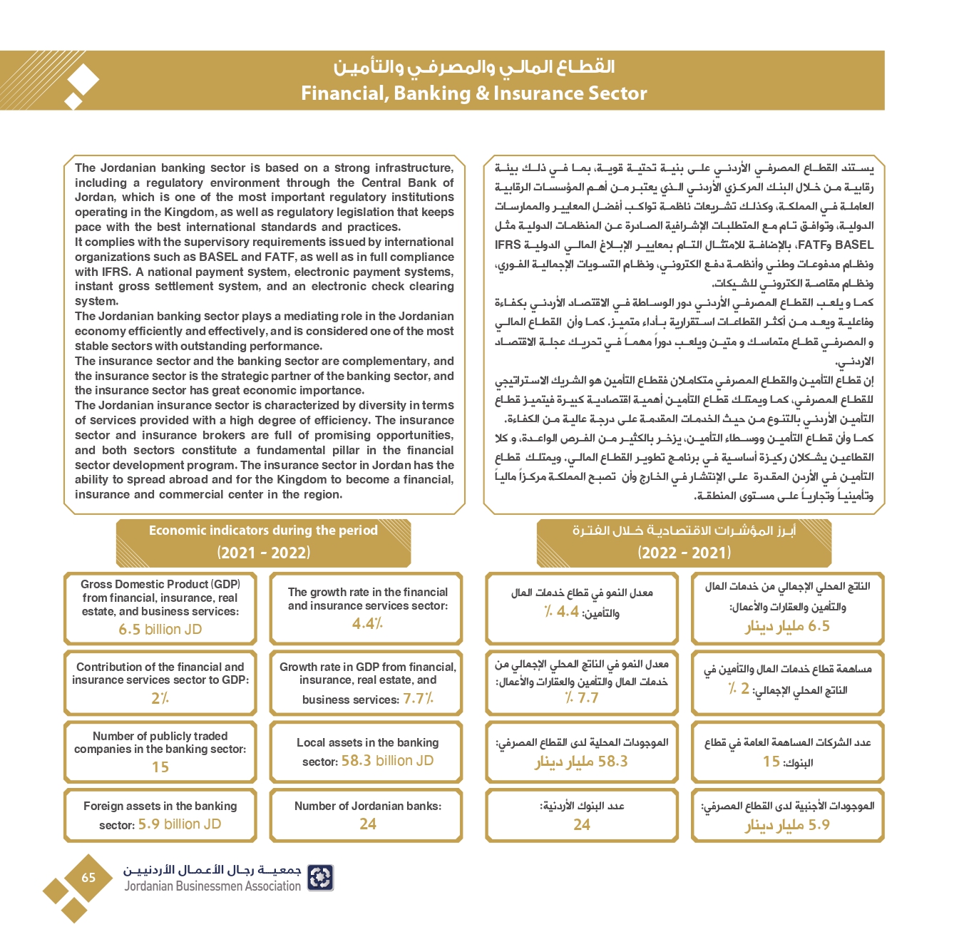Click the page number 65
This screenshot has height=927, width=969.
88,878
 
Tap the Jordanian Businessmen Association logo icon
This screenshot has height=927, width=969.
320,878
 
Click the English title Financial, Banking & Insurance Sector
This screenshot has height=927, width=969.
473,93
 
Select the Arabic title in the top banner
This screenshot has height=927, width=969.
473,67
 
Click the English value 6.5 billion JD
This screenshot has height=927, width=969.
160,630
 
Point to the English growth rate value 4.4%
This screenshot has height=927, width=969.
367,623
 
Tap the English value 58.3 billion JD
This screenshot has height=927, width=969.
387,761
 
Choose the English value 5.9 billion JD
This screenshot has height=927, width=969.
180,824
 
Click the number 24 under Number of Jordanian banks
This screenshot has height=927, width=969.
368,824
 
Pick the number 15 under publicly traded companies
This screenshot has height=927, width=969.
160,767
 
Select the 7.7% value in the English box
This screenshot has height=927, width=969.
418,699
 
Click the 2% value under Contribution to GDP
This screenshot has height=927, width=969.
160,698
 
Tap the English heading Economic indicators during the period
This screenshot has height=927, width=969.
263,531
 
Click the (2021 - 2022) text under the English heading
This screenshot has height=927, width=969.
263,553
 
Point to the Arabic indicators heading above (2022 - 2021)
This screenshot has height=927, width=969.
684,531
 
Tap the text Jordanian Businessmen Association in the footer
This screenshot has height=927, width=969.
212,886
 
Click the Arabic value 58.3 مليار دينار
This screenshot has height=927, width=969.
581,762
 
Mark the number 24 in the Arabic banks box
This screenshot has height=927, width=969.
582,825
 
